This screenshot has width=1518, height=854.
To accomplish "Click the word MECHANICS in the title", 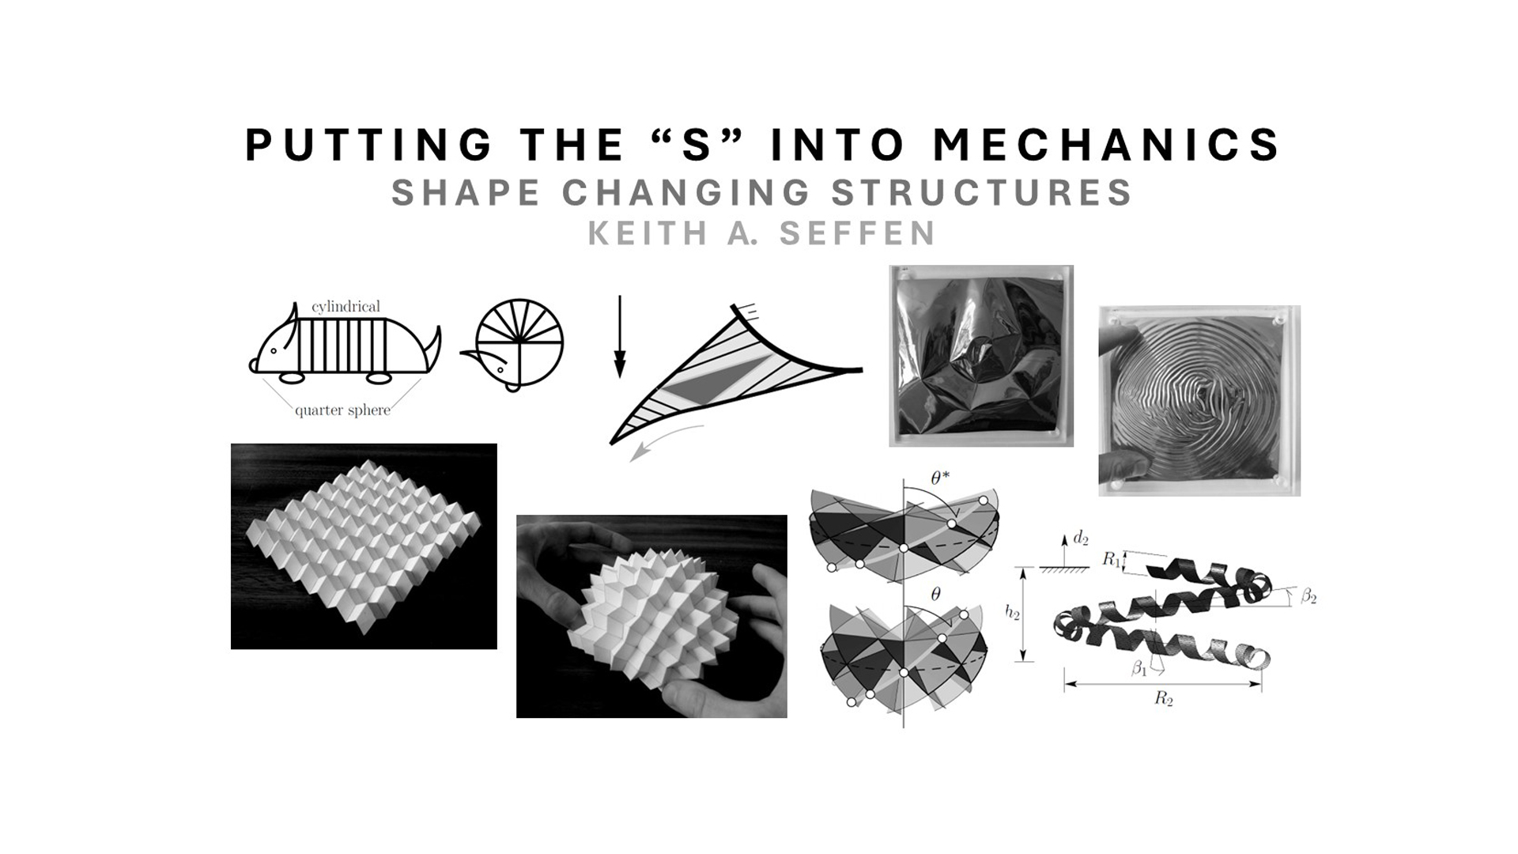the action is [1106, 145].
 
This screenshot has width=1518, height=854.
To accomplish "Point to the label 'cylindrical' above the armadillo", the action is [346, 306].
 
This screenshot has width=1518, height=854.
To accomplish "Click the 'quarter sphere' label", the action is [342, 410].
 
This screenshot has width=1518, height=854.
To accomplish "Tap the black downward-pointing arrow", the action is [620, 337].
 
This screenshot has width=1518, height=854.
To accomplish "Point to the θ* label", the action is [941, 478].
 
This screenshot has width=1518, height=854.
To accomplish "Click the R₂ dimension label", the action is [1163, 698].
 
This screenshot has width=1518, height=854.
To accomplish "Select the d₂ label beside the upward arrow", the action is [1080, 539].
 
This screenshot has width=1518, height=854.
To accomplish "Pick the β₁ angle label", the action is [1138, 668].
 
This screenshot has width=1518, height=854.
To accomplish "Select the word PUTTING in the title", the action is [368, 145].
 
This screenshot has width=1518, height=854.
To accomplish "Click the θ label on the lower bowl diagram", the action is [935, 595].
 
